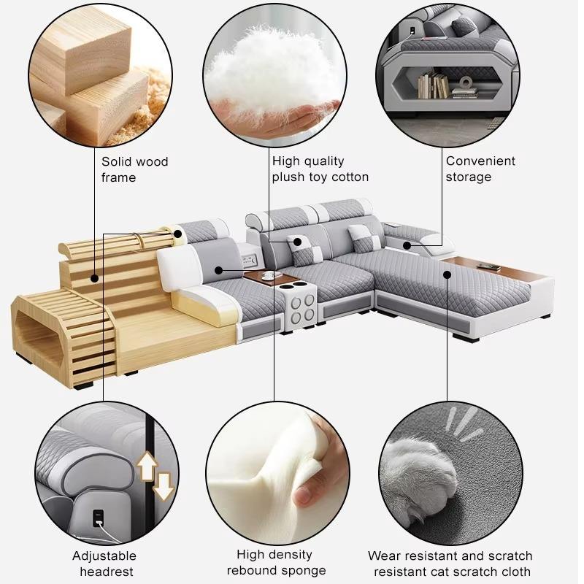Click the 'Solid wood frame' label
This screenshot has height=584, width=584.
[134, 169]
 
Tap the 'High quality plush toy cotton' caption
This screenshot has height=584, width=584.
[320, 169]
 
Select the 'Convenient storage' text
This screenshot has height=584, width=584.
[480, 169]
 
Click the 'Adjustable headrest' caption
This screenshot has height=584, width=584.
[104, 564]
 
